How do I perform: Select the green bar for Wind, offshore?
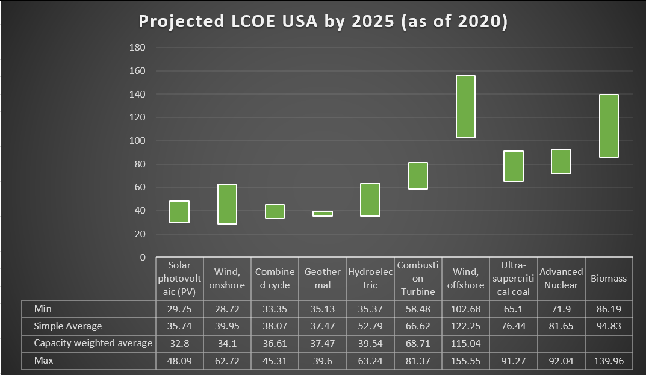[465, 107]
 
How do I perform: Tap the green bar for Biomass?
[609, 126]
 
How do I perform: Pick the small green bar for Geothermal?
[323, 213]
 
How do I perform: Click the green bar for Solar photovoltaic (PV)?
[179, 212]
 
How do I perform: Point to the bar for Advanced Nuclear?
[561, 161]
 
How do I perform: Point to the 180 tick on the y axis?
[138, 48]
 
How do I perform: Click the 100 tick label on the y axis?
[138, 141]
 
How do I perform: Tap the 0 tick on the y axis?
[143, 258]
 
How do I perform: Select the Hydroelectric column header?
[370, 279]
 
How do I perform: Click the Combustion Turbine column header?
[418, 279]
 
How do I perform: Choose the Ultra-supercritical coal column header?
[514, 279]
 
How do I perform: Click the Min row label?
[43, 308]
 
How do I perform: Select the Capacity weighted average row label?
[93, 343]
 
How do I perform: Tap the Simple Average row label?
[68, 326]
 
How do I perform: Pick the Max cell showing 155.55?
[466, 362]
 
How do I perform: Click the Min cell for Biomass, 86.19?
[609, 308]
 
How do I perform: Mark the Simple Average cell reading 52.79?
[370, 326]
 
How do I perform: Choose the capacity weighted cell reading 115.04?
[466, 343]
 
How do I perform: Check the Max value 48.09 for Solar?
[179, 362]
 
